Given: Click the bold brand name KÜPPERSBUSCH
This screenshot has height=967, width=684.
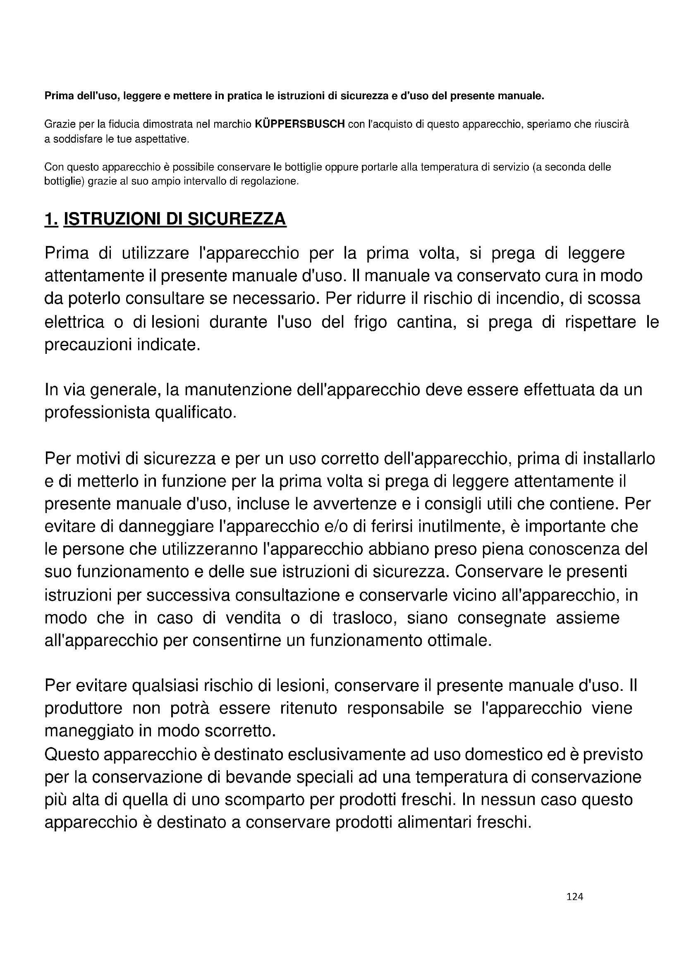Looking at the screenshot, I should pos(300,124).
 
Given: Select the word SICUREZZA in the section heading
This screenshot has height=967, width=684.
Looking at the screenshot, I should pos(237,219).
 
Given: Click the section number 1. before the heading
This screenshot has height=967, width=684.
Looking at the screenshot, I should pos(51,219).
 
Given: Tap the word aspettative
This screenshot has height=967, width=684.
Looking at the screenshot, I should pos(162,139).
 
